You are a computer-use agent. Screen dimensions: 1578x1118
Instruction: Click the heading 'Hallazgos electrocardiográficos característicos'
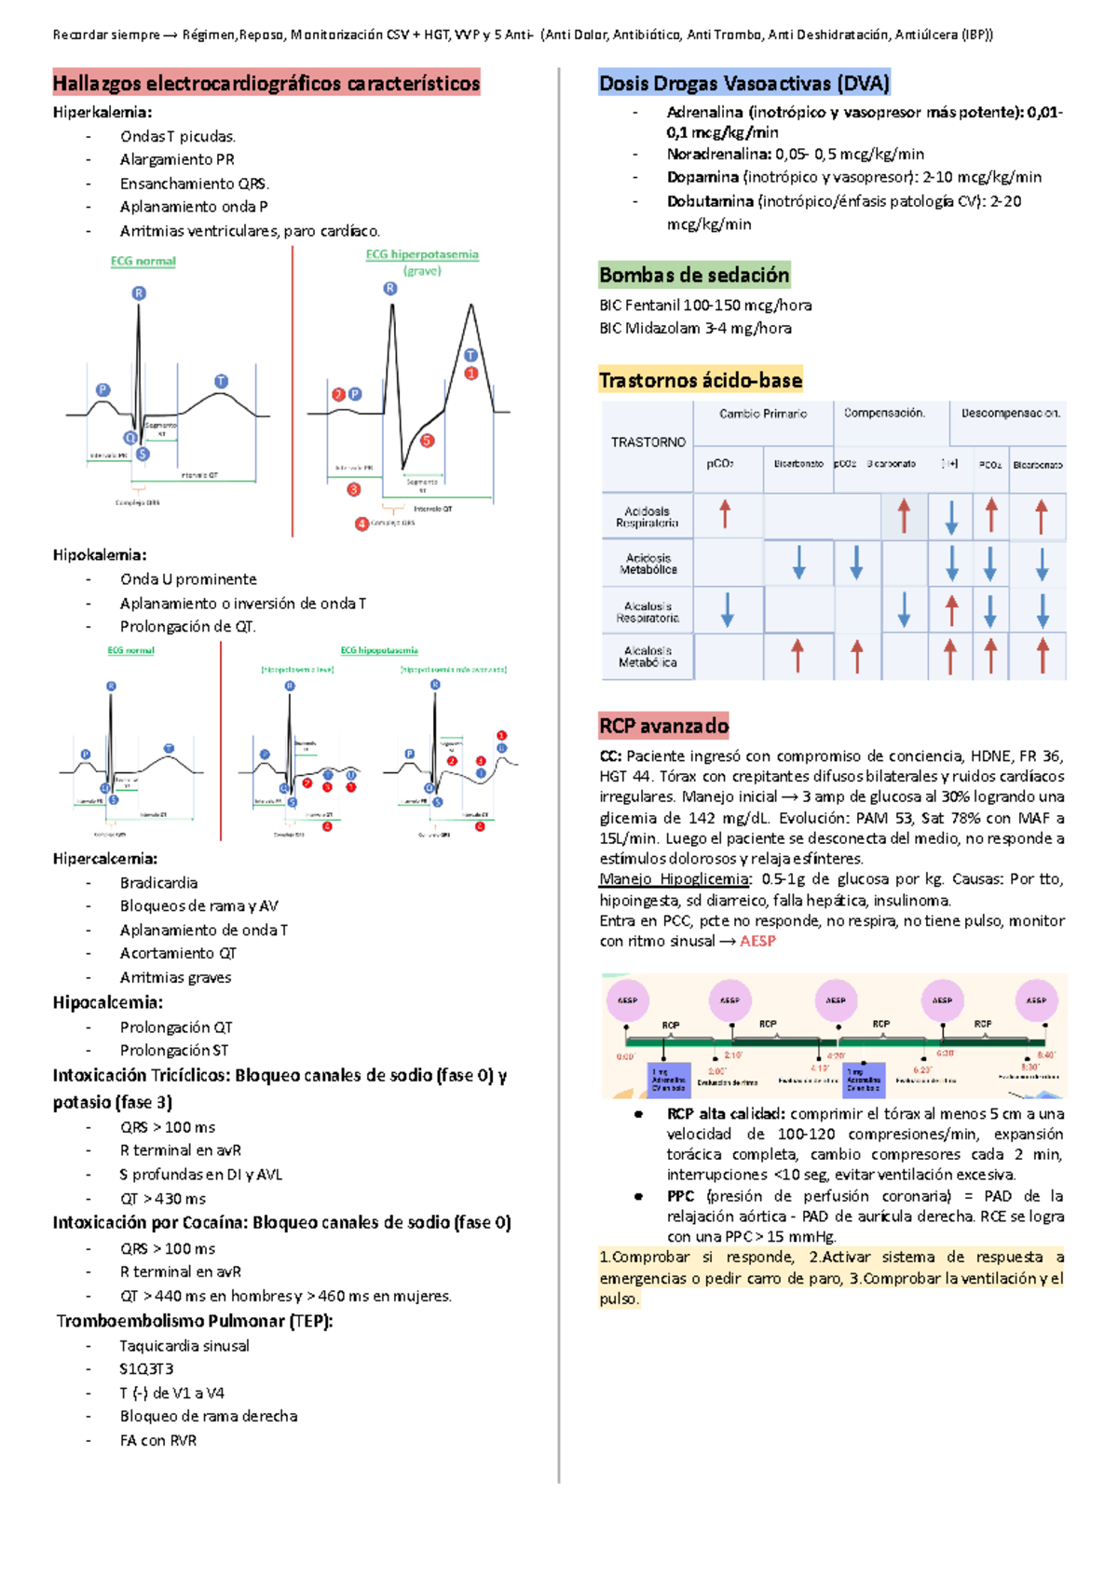pyautogui.click(x=266, y=84)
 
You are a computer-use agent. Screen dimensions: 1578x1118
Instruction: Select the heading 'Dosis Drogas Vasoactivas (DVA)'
pyautogui.click(x=744, y=84)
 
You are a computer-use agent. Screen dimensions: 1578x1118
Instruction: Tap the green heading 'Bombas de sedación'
pyautogui.click(x=694, y=275)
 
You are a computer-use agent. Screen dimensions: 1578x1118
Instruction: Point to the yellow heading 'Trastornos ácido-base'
pyautogui.click(x=701, y=380)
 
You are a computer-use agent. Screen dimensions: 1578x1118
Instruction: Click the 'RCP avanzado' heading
pyautogui.click(x=663, y=726)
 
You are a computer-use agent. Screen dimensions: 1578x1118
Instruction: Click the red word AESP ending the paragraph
pyautogui.click(x=757, y=942)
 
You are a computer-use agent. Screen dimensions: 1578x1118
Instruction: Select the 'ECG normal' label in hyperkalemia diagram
pyautogui.click(x=143, y=262)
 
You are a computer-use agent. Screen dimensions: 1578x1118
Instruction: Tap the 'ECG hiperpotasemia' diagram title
pyautogui.click(x=422, y=254)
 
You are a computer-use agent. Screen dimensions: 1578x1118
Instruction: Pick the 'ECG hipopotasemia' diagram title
pyautogui.click(x=379, y=650)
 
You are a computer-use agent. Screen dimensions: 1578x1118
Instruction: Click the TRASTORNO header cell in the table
pyautogui.click(x=648, y=442)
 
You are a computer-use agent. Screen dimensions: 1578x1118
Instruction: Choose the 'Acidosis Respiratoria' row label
pyautogui.click(x=647, y=517)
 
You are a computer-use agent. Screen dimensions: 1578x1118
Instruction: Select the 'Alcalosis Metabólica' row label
pyautogui.click(x=648, y=657)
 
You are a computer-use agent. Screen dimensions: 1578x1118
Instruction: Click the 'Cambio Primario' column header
pyautogui.click(x=763, y=414)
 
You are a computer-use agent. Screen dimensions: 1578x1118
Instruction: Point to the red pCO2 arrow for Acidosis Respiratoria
pyautogui.click(x=725, y=514)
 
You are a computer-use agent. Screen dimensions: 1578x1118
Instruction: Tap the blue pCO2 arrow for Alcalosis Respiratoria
pyautogui.click(x=728, y=609)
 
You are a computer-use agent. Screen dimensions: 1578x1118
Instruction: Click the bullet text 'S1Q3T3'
pyautogui.click(x=146, y=1369)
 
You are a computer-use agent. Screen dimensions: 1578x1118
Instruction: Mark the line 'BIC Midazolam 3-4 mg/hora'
pyautogui.click(x=695, y=328)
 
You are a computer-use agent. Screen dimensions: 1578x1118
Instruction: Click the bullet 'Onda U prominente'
pyautogui.click(x=188, y=579)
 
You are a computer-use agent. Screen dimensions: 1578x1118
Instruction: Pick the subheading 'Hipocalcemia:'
pyautogui.click(x=107, y=1003)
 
